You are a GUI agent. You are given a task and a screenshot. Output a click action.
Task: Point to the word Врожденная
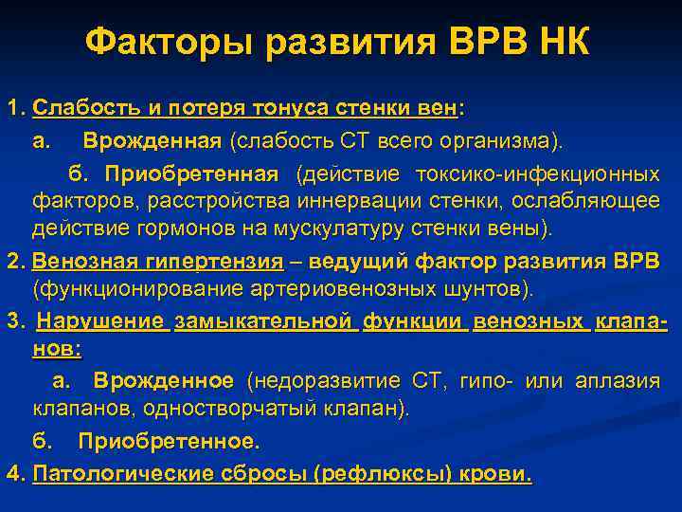[x=152, y=141]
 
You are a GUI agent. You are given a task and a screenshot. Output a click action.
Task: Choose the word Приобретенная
[x=192, y=174]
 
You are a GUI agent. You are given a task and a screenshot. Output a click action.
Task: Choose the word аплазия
[x=621, y=381]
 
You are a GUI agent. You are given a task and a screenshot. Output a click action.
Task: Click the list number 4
[x=11, y=473]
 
